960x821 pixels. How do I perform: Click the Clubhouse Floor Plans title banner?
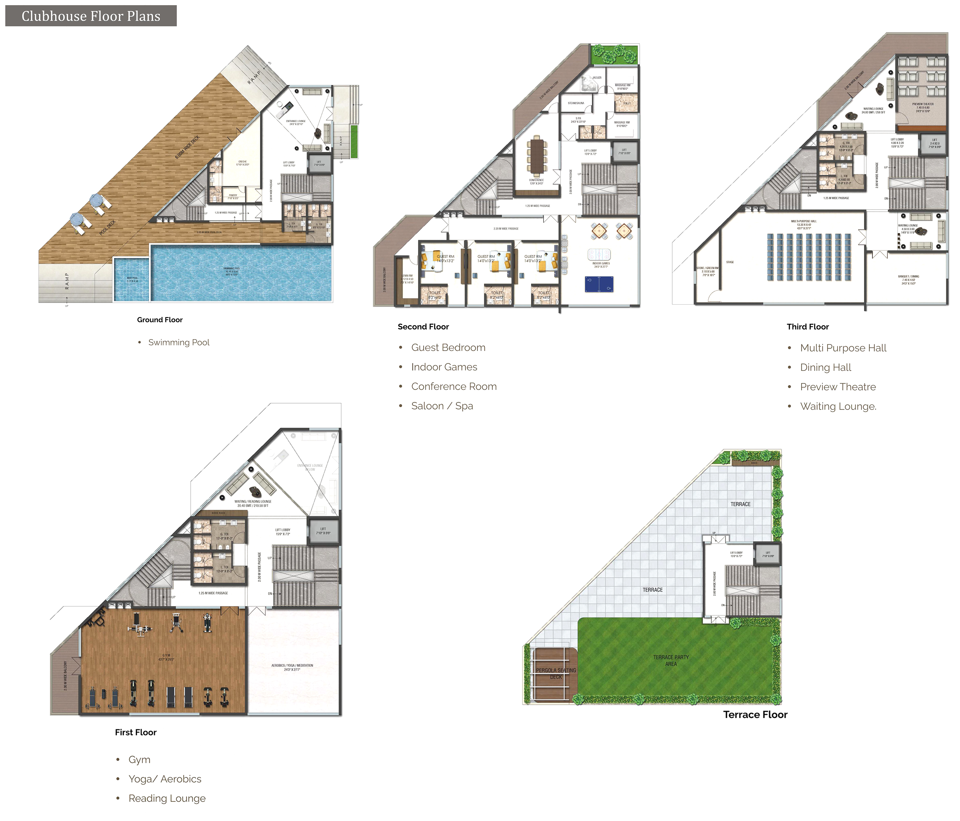pos(91,16)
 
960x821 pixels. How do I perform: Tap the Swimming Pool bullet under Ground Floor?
pos(178,342)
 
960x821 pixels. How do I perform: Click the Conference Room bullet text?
pos(454,386)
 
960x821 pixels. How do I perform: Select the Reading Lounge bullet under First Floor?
pos(167,798)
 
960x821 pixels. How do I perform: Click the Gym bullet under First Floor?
pos(139,759)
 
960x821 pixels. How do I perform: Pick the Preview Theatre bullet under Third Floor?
pos(838,387)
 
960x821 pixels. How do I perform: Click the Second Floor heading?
pos(423,327)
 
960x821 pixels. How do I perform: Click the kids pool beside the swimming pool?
pos(132,279)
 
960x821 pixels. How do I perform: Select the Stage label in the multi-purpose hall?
pos(730,262)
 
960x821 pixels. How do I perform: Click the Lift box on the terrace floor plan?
pos(768,554)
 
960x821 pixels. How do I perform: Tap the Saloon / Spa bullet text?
pos(442,406)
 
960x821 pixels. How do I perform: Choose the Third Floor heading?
pos(807,327)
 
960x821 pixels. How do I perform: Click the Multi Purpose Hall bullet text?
pos(843,348)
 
